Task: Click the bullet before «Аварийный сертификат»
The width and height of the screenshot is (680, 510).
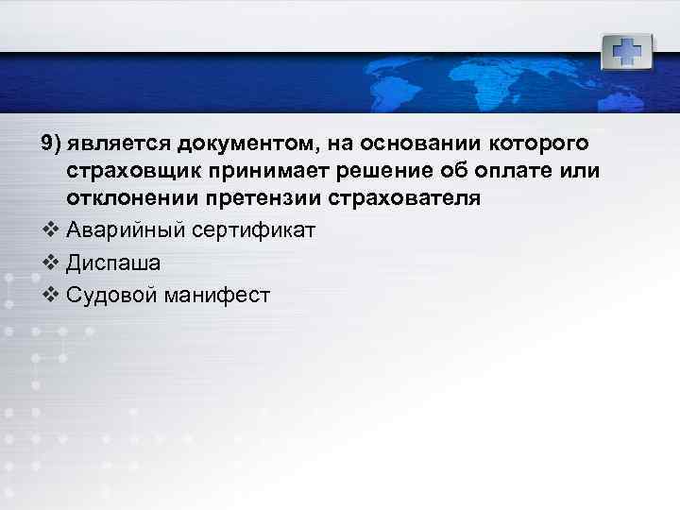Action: pyautogui.click(x=50, y=229)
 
